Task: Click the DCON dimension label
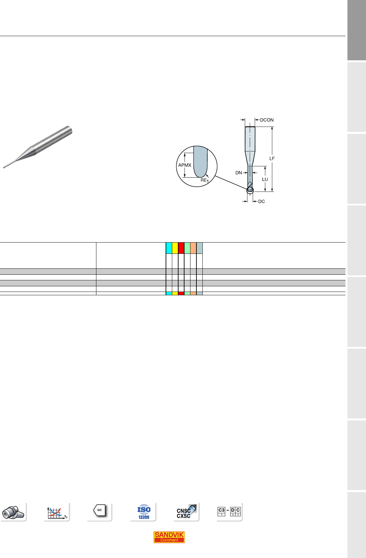[267, 120]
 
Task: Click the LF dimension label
[272, 158]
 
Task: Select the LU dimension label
[265, 179]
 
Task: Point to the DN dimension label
[238, 173]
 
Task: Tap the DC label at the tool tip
[261, 201]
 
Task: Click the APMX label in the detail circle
[185, 165]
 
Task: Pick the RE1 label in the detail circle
[204, 180]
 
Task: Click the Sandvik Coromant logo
[169, 537]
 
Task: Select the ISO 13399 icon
[144, 512]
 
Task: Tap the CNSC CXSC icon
[186, 512]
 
